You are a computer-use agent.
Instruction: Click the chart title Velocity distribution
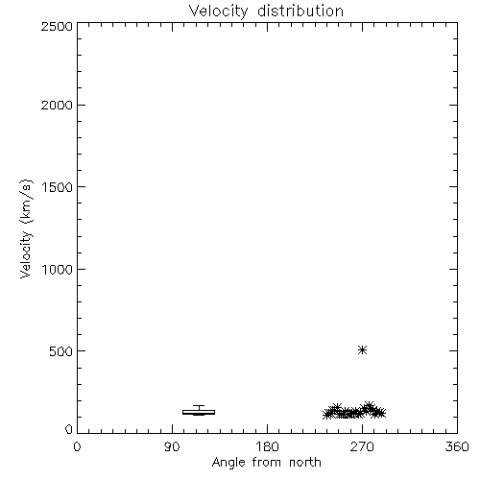(266, 12)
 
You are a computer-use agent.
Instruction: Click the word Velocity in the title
(218, 12)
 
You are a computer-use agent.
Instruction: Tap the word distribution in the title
(300, 11)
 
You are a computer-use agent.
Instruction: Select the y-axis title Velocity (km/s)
(26, 228)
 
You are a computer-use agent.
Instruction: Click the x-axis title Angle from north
(266, 463)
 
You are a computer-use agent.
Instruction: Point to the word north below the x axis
(305, 463)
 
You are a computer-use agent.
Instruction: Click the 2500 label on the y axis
(57, 26)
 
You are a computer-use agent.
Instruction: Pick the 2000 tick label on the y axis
(57, 105)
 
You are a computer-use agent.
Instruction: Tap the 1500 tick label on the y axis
(58, 187)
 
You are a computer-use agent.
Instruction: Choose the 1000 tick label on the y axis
(58, 269)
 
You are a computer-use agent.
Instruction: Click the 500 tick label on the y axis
(61, 351)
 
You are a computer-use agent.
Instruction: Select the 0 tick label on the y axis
(69, 429)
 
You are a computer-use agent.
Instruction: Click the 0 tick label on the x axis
(77, 446)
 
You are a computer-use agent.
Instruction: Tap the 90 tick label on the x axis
(172, 446)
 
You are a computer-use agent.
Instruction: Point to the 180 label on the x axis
(267, 446)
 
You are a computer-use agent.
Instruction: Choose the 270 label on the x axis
(362, 446)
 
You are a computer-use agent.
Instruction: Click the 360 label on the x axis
(457, 446)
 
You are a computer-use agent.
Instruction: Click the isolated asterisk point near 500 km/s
(362, 350)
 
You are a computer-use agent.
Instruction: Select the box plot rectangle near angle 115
(199, 412)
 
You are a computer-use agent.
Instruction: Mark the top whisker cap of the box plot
(199, 406)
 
